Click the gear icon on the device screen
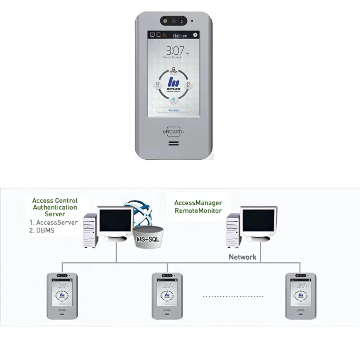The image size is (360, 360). pos(195,35)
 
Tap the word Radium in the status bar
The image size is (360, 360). pos(180,36)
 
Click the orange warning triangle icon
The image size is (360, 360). pos(164,35)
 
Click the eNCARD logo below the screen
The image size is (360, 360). pos(174,132)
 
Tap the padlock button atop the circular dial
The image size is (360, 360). pos(174,69)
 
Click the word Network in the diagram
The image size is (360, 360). pos(243,257)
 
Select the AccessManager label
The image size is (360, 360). pos(198,203)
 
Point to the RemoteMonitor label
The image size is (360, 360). pos(198,211)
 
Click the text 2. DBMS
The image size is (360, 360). pos(42,230)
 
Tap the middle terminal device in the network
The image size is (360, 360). pos(167,296)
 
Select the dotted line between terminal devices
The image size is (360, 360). pos(233,297)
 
